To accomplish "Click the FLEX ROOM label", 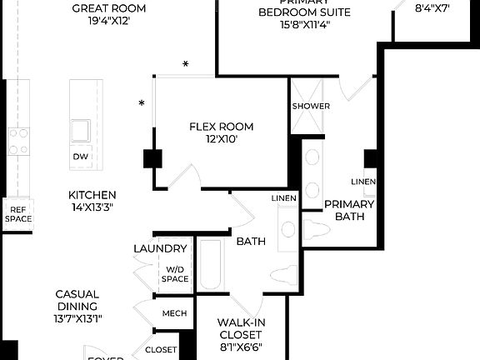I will coord(221,127).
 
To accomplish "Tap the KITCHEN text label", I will coord(92,195).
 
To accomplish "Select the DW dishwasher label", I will coord(79,157).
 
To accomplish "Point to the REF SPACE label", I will coord(18,214).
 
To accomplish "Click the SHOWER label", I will coord(310,107).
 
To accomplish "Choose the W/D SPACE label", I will coord(176,274).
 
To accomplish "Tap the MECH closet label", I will coord(173,314).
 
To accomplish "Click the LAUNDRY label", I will coord(160,249).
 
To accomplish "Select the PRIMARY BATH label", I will coord(349,210).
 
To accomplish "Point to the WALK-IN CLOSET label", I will coord(241,328).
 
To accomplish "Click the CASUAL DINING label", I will coord(77,300).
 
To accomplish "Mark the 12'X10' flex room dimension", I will coord(221,140).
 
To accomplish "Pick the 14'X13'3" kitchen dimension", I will coord(92,207).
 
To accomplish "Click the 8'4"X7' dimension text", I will coord(432,10).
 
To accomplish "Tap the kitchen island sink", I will coord(81,130).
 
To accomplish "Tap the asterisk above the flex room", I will coord(186,64).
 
